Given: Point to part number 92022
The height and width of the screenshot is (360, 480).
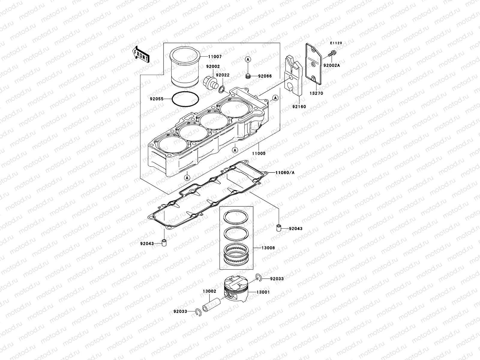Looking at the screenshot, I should (223, 75).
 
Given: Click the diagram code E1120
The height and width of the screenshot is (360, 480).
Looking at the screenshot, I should (336, 43).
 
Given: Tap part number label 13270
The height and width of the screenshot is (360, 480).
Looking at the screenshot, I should (316, 93).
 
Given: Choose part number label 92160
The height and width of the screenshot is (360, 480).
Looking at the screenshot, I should (299, 106).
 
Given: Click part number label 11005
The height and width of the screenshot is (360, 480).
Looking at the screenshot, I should (259, 153).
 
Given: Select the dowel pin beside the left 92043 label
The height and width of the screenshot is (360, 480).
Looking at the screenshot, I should (164, 243).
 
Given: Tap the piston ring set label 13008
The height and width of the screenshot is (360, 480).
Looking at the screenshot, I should (268, 248).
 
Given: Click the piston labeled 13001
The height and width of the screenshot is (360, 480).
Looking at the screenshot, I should (236, 290).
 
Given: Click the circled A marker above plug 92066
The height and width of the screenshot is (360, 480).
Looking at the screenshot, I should (248, 60).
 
